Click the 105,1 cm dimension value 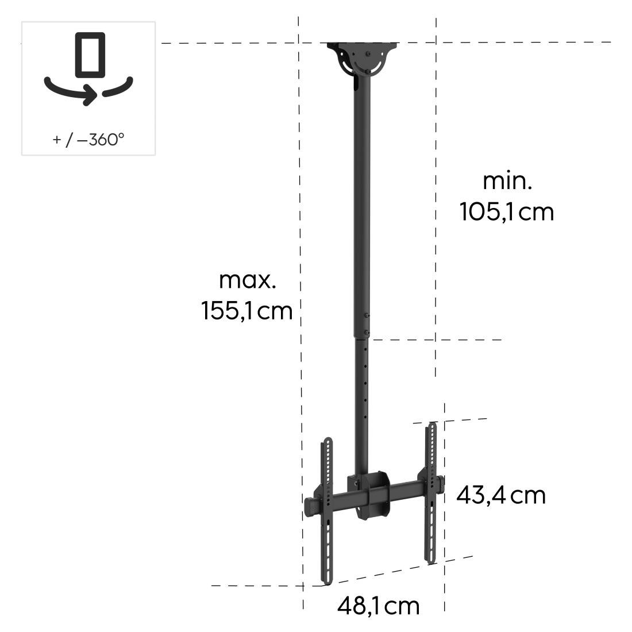(506, 212)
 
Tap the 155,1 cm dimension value (247, 311)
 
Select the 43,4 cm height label (500, 495)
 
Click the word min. (507, 181)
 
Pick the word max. (248, 280)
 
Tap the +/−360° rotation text (88, 139)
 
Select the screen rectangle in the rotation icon (90, 55)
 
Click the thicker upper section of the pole (361, 207)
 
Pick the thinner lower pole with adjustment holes (362, 402)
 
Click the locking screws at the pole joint (367, 323)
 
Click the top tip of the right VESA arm (433, 426)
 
